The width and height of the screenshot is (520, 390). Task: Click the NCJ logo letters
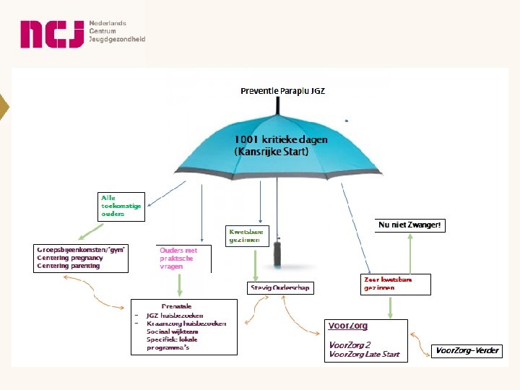point(51,34)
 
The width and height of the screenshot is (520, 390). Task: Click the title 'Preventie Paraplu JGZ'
point(282,91)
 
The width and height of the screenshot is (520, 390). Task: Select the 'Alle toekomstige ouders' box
point(121,206)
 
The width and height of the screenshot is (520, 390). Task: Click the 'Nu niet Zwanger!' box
point(409,225)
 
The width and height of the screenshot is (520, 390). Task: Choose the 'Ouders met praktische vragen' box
point(183,258)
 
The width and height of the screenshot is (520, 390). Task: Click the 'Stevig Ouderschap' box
point(279,287)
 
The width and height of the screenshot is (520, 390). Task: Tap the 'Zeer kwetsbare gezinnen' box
point(396,284)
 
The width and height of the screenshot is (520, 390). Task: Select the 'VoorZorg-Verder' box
point(467,351)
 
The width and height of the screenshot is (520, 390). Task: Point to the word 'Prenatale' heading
point(176,306)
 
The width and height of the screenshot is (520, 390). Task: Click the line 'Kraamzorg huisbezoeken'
point(186,323)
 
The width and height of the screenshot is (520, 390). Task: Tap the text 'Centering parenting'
point(69,266)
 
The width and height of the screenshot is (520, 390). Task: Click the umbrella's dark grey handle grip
point(277,253)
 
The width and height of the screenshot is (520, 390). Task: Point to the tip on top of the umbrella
point(276,105)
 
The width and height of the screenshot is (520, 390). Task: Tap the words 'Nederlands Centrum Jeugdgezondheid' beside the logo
point(117,31)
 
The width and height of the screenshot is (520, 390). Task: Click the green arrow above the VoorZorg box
point(390,306)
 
